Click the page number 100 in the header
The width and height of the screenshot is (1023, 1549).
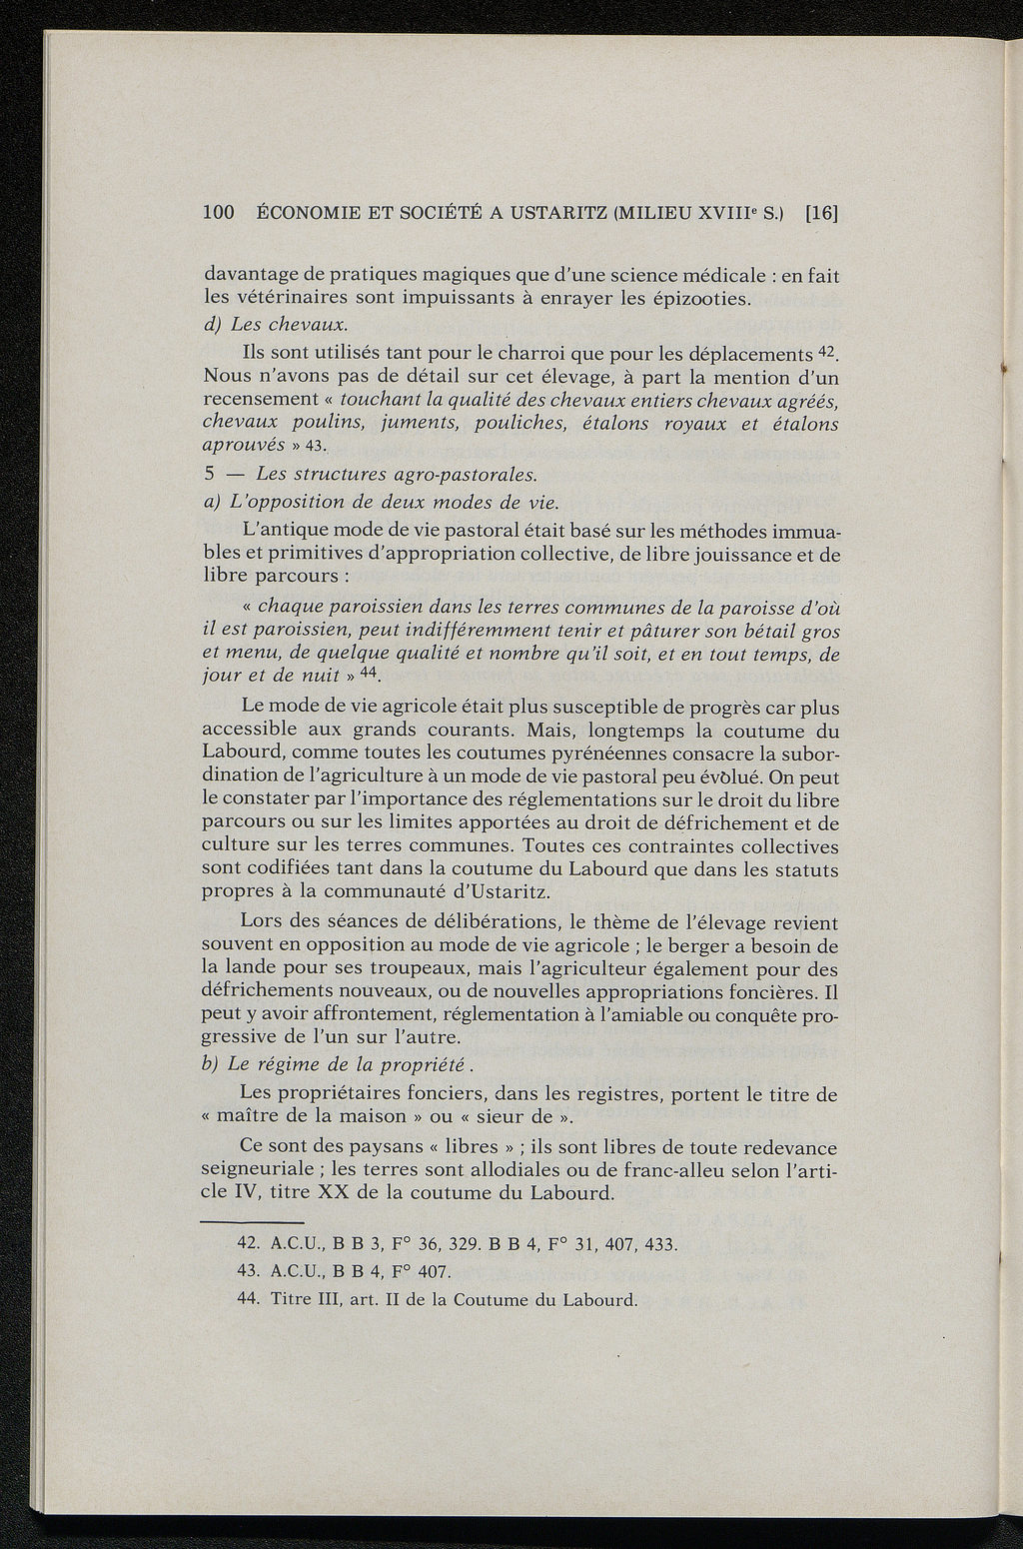click(218, 212)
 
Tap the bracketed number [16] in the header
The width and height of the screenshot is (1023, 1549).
click(821, 212)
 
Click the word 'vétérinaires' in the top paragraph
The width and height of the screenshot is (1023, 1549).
click(287, 299)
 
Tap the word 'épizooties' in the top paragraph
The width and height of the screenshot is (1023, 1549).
click(700, 299)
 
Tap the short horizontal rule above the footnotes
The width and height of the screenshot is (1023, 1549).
click(252, 1222)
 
